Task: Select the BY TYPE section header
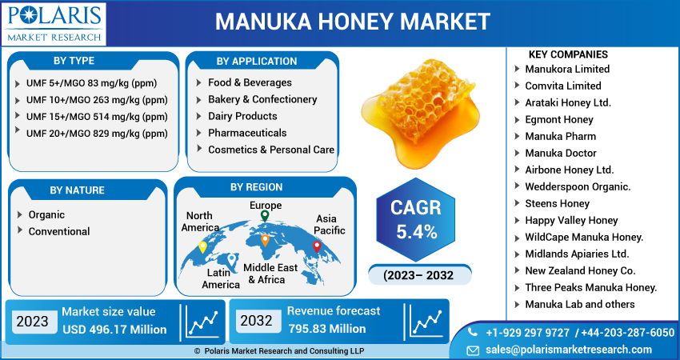point(74,61)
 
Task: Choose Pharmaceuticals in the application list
point(247,133)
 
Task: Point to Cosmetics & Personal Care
point(270,150)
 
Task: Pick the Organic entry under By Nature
point(46,214)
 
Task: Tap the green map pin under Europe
point(265,216)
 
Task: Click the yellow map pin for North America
point(203,246)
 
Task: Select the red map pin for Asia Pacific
point(316,246)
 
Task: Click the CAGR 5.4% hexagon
point(415,220)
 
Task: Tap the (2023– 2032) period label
point(418,275)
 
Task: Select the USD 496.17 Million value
point(114,329)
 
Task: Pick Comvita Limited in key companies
point(563,86)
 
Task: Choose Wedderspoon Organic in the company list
point(578,186)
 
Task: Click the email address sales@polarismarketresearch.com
point(570,350)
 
